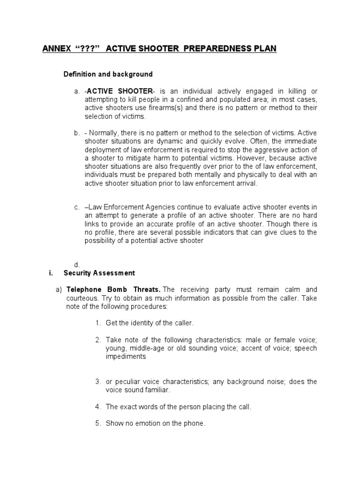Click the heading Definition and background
(108, 75)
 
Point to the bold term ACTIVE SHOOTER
(120, 91)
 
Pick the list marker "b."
(76, 134)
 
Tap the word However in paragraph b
(264, 159)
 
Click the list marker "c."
(76, 207)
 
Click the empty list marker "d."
(76, 265)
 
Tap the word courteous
(82, 298)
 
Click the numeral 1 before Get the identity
(97, 323)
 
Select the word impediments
(126, 356)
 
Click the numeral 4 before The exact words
(97, 407)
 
